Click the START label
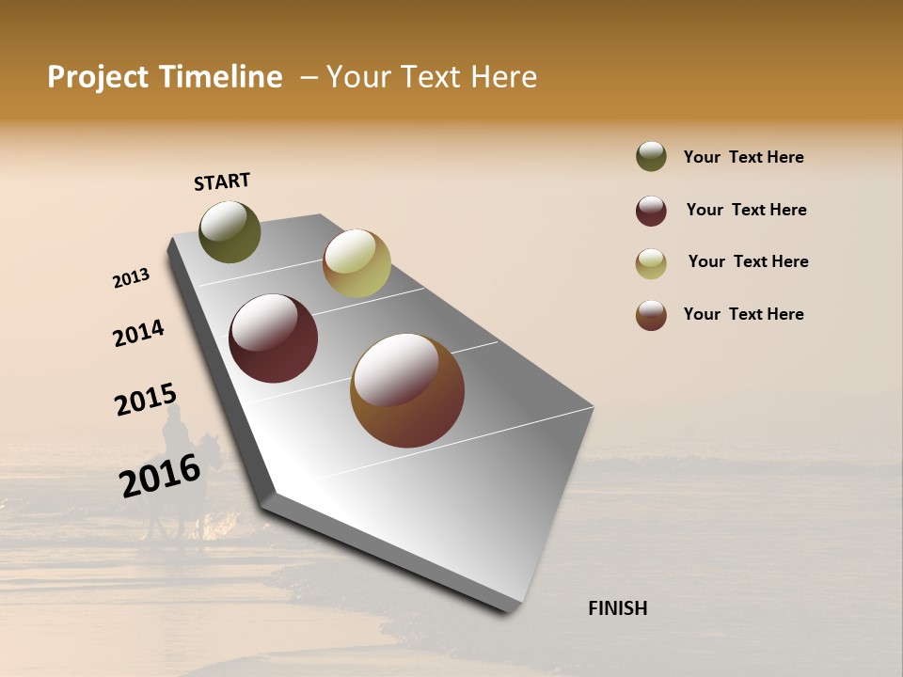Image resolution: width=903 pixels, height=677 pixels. click(222, 181)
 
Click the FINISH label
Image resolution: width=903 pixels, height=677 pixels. click(617, 608)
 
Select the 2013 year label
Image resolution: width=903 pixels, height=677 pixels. click(131, 278)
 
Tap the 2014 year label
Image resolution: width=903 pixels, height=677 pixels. click(138, 334)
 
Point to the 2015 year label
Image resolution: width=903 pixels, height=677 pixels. click(146, 401)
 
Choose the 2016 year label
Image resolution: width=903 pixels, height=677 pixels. click(160, 475)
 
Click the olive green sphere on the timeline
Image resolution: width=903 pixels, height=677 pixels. click(230, 232)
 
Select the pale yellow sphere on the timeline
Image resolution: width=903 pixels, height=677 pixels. click(356, 263)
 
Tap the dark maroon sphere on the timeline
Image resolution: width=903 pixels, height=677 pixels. click(273, 338)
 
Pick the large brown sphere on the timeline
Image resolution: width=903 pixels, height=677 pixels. click(407, 390)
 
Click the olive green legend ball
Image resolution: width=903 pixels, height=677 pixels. click(651, 156)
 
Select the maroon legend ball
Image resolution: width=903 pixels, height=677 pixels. click(651, 211)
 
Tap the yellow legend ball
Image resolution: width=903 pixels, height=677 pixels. click(651, 263)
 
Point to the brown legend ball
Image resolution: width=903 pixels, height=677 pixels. click(651, 315)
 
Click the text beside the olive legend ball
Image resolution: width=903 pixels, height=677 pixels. click(743, 157)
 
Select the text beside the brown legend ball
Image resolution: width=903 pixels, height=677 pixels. click(743, 314)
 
